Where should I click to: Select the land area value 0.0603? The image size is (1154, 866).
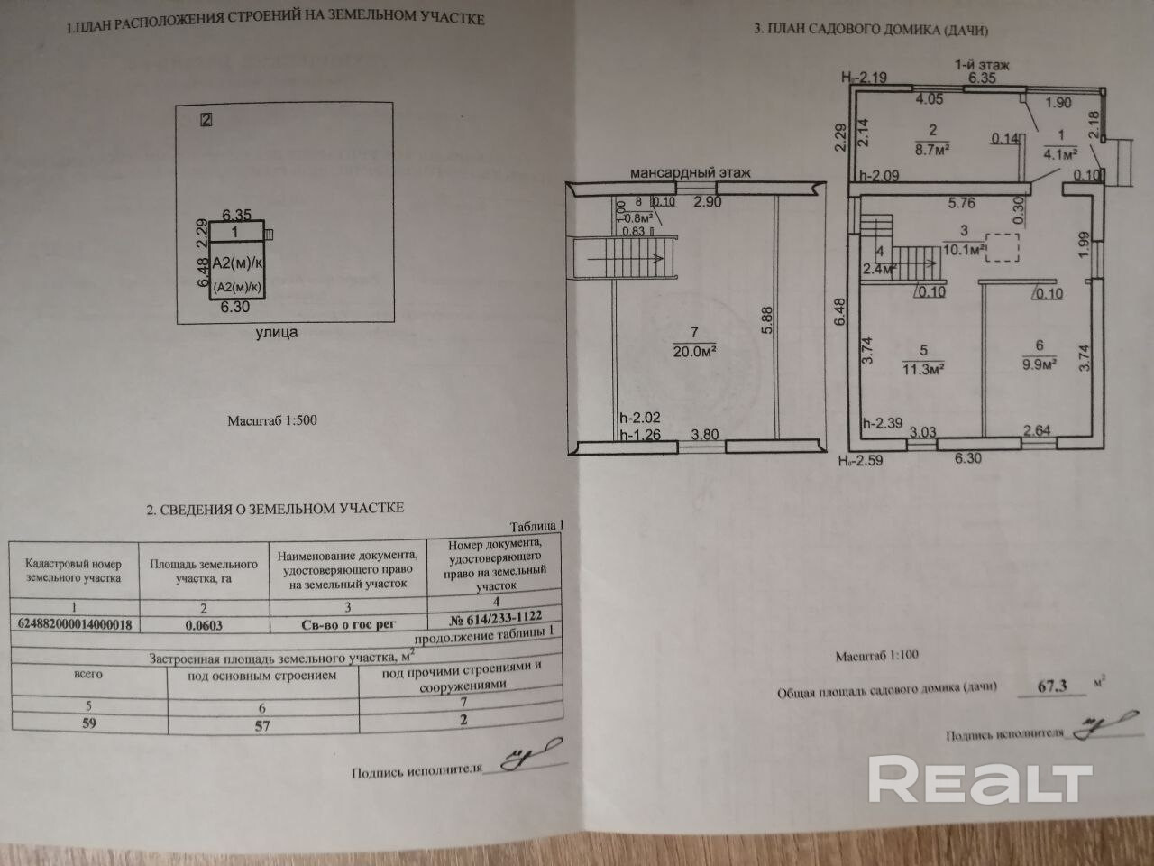(205, 623)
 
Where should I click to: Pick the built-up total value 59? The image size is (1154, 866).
(89, 723)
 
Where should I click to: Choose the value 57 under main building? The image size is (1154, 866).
(261, 724)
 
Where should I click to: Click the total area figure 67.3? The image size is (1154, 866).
(1052, 686)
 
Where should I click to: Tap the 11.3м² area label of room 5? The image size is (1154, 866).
(923, 368)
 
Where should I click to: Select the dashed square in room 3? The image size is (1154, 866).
(1003, 248)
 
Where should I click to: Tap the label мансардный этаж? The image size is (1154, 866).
(690, 172)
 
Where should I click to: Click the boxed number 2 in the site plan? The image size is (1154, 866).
(206, 119)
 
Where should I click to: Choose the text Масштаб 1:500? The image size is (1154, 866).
(271, 420)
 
